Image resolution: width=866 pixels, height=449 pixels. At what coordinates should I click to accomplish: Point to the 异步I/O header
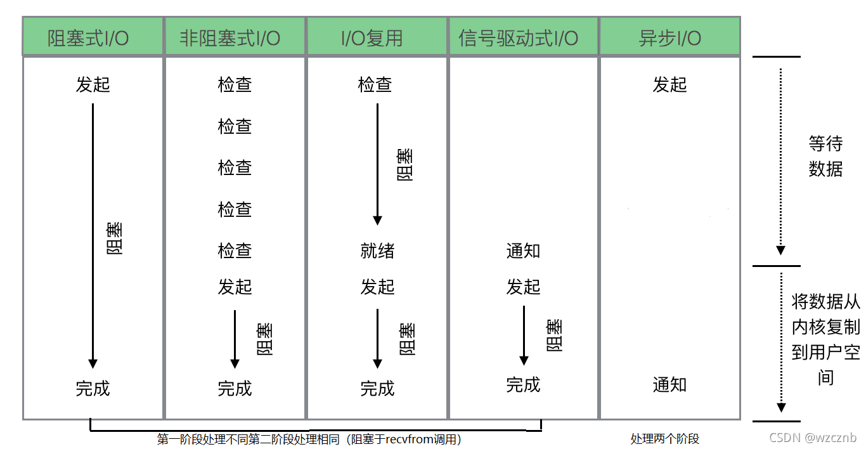pyautogui.click(x=669, y=38)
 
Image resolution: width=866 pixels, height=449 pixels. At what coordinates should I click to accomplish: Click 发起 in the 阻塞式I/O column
pyautogui.click(x=93, y=84)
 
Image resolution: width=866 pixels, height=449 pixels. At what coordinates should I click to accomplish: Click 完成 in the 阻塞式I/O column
pyautogui.click(x=93, y=388)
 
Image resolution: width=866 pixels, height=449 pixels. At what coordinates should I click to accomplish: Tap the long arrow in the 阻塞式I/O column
pyautogui.click(x=93, y=235)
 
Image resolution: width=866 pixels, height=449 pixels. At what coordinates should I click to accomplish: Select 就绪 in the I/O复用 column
pyautogui.click(x=377, y=251)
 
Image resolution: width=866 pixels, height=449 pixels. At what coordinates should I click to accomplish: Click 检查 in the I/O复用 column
pyautogui.click(x=375, y=84)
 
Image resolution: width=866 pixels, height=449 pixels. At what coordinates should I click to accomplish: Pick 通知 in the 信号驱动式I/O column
pyautogui.click(x=523, y=251)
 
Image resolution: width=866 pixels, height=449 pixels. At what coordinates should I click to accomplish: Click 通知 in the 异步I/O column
pyautogui.click(x=669, y=384)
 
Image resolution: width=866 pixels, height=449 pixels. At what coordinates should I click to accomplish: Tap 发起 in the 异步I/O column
pyautogui.click(x=669, y=84)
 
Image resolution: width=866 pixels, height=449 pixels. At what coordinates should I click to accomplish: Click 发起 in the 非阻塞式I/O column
pyautogui.click(x=235, y=287)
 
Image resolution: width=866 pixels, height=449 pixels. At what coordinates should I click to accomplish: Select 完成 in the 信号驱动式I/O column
pyautogui.click(x=523, y=384)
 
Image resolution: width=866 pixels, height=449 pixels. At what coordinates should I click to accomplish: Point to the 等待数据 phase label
pyautogui.click(x=825, y=157)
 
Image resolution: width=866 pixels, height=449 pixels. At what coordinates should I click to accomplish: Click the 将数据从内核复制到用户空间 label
pyautogui.click(x=825, y=339)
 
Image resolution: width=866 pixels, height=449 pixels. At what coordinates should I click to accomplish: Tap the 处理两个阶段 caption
pyautogui.click(x=664, y=439)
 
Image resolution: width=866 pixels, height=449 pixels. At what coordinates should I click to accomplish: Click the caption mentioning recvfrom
pyautogui.click(x=309, y=439)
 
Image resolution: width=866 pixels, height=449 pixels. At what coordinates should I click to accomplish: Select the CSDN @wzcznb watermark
pyautogui.click(x=813, y=438)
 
